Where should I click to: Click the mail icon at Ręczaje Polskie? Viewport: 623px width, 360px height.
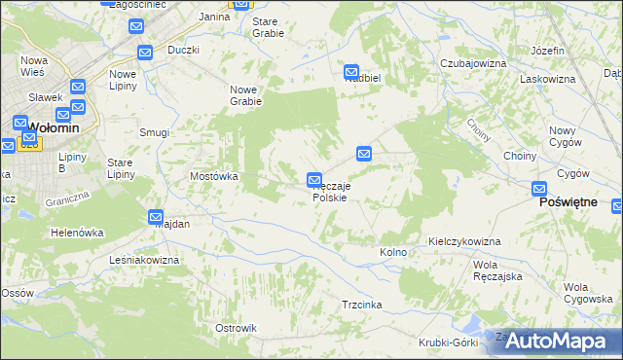pyautogui.click(x=314, y=180)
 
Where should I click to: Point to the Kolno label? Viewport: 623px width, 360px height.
pyautogui.click(x=393, y=253)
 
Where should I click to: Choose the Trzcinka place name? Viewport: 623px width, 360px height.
pyautogui.click(x=361, y=305)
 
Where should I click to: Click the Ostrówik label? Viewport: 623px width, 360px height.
pyautogui.click(x=235, y=328)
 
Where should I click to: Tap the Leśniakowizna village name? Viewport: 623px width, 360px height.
pyautogui.click(x=145, y=261)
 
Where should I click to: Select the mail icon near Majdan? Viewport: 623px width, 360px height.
pyautogui.click(x=156, y=217)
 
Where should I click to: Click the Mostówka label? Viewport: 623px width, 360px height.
pyautogui.click(x=213, y=177)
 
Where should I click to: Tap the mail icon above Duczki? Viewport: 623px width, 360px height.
pyautogui.click(x=145, y=54)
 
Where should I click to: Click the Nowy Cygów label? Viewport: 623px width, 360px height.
pyautogui.click(x=564, y=136)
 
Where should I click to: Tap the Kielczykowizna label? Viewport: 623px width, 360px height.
pyautogui.click(x=463, y=240)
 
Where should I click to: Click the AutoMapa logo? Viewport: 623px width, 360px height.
pyautogui.click(x=556, y=341)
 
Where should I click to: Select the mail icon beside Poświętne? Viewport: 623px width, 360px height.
pyautogui.click(x=540, y=190)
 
